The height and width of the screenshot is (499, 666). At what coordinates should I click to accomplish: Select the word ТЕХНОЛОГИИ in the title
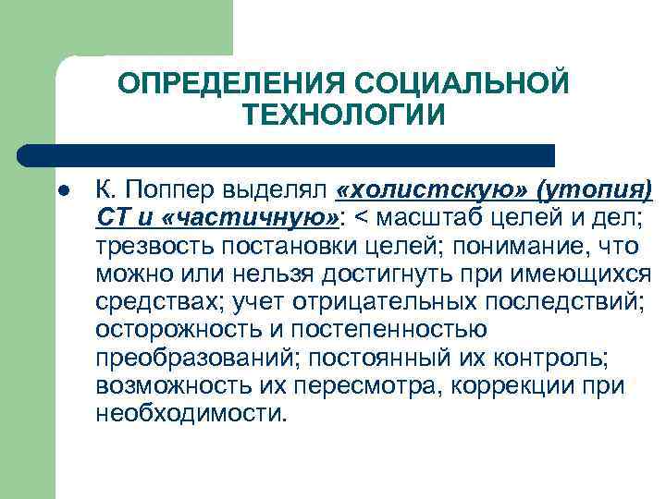(x=344, y=116)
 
